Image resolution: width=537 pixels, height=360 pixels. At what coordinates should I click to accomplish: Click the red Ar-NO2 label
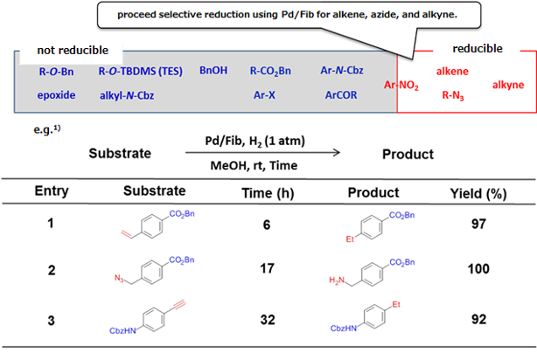tap(405, 85)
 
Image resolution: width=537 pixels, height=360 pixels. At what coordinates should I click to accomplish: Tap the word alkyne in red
tap(508, 85)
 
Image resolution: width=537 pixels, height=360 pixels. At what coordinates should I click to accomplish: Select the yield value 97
tap(480, 225)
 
